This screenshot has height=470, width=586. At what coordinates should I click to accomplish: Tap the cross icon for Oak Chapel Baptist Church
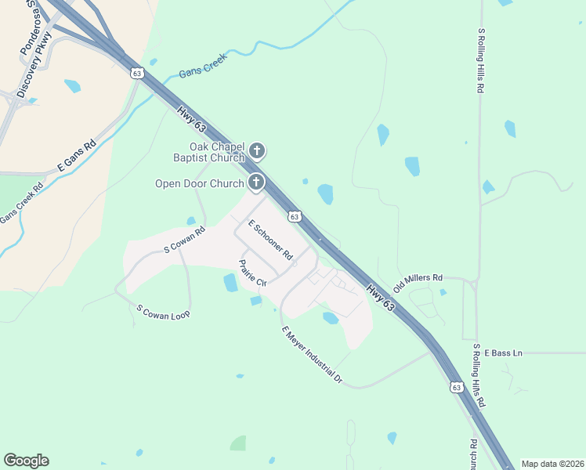(257, 150)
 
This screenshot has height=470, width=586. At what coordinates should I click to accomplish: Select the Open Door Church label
(201, 185)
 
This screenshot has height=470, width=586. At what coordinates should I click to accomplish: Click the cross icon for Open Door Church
(255, 183)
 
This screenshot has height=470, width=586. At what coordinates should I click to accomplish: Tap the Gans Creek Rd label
(21, 206)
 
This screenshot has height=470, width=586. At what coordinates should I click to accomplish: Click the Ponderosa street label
(28, 32)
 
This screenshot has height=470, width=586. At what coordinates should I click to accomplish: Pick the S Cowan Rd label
(184, 239)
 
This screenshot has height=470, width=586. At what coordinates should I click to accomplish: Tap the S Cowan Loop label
(163, 311)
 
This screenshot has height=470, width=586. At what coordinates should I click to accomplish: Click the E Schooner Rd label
(270, 240)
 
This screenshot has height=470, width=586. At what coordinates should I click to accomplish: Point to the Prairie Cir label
(253, 273)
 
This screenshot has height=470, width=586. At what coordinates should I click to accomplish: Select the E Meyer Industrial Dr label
(312, 355)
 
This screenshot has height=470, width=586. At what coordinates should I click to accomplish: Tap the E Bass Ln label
(502, 353)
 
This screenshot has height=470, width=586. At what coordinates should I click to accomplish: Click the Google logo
(26, 461)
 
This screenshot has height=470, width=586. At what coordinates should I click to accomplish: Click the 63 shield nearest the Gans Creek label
(138, 73)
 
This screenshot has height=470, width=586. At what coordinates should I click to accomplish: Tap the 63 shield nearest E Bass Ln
(457, 387)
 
